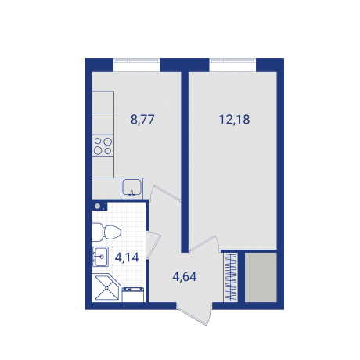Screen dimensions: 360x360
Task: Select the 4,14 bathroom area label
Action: pos(126,255)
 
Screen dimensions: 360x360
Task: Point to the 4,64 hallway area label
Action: pos(185,275)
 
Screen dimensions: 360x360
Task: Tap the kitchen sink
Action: pos(132,188)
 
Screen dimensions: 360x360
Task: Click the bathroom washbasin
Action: pos(100,254)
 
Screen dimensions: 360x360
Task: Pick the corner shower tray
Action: pos(105,289)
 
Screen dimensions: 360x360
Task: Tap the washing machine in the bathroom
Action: pos(133,293)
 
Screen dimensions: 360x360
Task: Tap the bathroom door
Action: pos(154,245)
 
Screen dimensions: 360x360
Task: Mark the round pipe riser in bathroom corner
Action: pos(98,207)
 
